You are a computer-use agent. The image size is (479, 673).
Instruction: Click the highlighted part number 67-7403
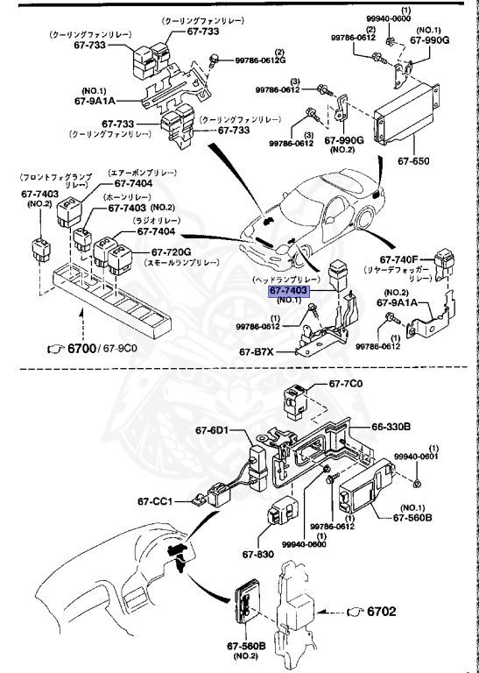289,290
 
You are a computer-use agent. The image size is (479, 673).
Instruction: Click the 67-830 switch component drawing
285,516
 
